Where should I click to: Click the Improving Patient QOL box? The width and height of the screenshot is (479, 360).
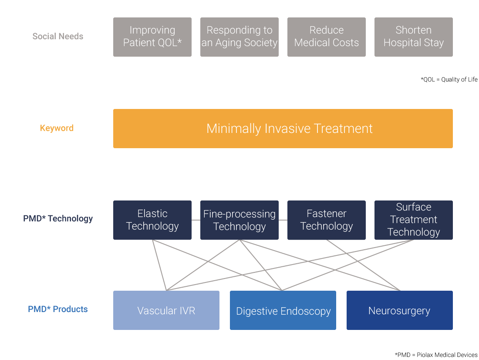click(x=152, y=37)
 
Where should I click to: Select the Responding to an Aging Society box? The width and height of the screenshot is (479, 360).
click(x=239, y=37)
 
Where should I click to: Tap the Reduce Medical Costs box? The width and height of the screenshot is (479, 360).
click(x=326, y=37)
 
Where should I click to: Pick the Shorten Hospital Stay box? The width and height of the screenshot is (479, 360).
click(x=413, y=37)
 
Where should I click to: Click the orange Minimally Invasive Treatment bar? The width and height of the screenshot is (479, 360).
click(x=283, y=129)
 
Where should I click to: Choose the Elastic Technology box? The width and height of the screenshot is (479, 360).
click(x=152, y=220)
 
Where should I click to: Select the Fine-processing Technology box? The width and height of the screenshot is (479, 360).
click(x=239, y=220)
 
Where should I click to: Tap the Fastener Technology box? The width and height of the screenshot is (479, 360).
click(x=326, y=220)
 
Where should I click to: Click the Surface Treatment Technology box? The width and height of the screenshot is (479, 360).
click(x=413, y=220)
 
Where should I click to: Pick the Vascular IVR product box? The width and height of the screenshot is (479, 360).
click(x=166, y=310)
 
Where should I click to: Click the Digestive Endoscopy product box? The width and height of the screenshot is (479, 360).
click(x=283, y=310)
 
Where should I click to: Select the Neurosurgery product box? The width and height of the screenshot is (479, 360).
click(x=400, y=310)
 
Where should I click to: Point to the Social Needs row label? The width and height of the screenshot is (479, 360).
click(x=58, y=37)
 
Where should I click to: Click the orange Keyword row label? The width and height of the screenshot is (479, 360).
click(x=57, y=128)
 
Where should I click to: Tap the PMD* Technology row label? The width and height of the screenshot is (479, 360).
click(x=58, y=218)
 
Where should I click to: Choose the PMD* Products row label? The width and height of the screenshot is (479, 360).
click(x=58, y=309)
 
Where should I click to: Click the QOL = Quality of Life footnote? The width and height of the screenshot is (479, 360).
click(x=449, y=79)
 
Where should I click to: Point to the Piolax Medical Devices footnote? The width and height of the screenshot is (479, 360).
click(x=436, y=355)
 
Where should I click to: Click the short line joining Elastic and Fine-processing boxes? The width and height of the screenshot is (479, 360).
click(x=196, y=220)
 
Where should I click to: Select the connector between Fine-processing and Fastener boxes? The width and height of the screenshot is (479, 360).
click(x=283, y=220)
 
